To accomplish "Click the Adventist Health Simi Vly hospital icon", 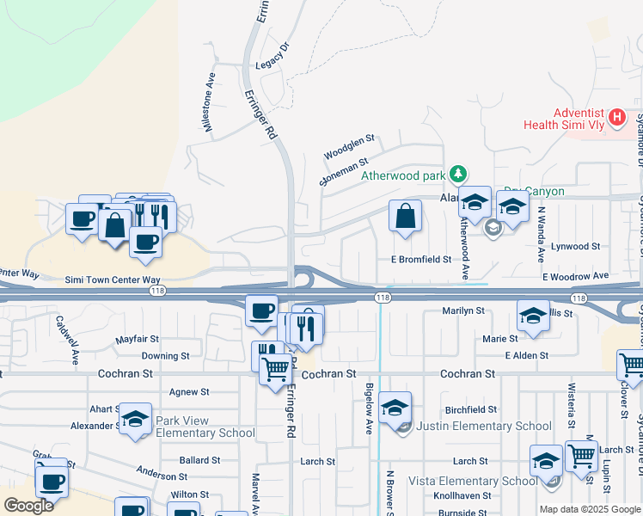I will pos(616,118).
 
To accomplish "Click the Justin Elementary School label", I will pos(484,426).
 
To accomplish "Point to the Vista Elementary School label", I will pos(474,481).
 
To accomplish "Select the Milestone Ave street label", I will pos(208,101).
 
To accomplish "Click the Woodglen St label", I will pos(350,145).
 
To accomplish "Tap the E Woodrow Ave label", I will pos(574,276).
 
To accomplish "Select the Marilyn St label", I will pos(463,310).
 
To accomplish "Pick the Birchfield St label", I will pos(472,409).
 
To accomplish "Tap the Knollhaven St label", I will pos(462,496).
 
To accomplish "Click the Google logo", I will pos(29,505).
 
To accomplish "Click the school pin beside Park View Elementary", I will pos(135,419).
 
